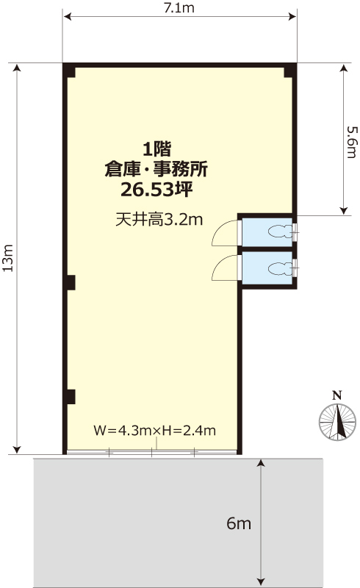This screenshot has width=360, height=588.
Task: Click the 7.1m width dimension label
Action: (179, 7)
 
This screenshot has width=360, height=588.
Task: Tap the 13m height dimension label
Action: (8, 258)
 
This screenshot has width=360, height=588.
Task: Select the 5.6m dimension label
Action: (352, 142)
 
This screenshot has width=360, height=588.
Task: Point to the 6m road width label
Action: (239, 523)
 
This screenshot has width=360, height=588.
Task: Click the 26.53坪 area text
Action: (156, 190)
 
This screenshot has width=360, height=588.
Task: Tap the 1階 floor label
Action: (156, 149)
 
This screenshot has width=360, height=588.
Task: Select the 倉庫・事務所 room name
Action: (156, 170)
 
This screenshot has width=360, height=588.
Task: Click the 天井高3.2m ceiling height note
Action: (159, 220)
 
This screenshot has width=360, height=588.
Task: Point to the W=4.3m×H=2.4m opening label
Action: (154, 430)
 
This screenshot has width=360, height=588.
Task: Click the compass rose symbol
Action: (337, 422)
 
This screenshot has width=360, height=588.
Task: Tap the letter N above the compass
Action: (337, 395)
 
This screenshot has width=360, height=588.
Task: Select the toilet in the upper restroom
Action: (280, 232)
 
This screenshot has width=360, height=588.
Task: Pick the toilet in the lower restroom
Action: (280, 268)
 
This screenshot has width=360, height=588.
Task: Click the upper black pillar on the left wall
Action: (70, 282)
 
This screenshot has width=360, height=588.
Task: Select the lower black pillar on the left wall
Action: (70, 397)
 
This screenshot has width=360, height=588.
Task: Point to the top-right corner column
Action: (289, 71)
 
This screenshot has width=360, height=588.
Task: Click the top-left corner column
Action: (70, 71)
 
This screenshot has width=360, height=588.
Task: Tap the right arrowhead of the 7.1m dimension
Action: (292, 16)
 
